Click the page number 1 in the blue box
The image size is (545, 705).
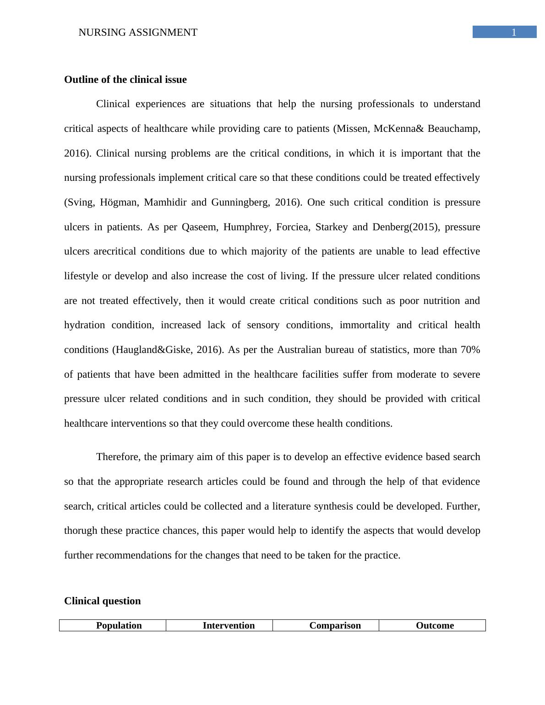514,32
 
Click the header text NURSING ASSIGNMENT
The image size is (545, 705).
138,33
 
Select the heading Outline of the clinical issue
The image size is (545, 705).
125,80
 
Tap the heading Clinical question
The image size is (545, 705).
103,601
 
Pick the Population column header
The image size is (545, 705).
119,625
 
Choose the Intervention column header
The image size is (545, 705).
229,625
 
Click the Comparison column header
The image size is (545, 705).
335,625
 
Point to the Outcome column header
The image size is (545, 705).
435,625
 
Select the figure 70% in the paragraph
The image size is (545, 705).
470,350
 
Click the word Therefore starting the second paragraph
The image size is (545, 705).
119,457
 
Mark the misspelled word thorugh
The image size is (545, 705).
81,531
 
